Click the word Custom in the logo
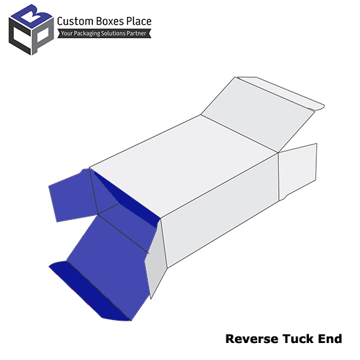[x=75, y=22]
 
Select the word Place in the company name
[x=139, y=21]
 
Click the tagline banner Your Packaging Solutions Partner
[x=104, y=33]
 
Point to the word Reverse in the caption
[x=252, y=339]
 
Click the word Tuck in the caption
[x=298, y=339]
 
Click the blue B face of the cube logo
[x=31, y=16]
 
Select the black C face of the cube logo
[x=19, y=36]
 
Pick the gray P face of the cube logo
[x=43, y=35]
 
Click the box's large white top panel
[x=184, y=166]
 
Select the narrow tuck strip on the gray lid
[x=281, y=93]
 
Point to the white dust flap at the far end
[x=298, y=171]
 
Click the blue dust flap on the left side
[x=72, y=195]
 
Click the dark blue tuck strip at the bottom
[x=90, y=291]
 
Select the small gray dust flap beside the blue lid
[x=156, y=259]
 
